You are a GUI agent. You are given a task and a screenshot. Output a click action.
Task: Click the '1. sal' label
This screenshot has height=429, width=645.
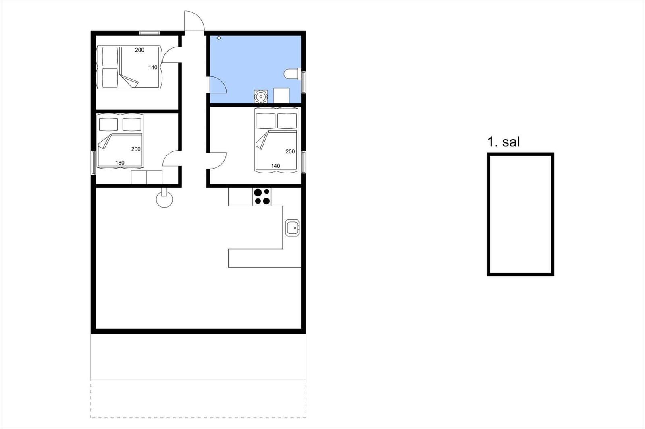tap(504, 142)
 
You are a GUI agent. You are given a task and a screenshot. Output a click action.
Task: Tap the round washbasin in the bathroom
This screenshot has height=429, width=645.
tap(261, 97)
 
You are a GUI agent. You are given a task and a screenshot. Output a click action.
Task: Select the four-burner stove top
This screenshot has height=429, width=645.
tap(262, 197)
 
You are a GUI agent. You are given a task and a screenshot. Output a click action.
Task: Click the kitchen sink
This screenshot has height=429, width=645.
tap(292, 228)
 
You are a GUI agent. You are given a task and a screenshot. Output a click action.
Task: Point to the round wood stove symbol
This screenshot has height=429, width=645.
tap(164, 199)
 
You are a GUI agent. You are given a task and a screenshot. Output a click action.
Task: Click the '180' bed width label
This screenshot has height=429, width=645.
tap(120, 163)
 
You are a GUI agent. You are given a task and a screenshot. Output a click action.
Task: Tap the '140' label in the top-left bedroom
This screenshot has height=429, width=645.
tap(153, 67)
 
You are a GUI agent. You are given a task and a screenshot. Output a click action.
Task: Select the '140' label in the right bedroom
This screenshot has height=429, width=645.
tap(276, 166)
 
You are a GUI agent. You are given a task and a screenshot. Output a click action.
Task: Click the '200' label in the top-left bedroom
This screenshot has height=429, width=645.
tap(139, 50)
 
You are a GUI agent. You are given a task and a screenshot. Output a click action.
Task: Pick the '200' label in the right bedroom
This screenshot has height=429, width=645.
tap(290, 152)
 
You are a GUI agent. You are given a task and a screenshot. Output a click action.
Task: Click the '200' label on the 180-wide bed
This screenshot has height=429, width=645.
tap(136, 149)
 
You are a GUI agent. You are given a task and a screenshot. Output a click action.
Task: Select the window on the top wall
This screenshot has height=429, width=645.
tap(150, 33)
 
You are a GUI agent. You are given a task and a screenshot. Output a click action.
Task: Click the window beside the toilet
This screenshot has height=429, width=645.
tap(304, 82)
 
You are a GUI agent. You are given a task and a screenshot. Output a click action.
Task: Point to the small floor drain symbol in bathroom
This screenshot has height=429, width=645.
tap(219, 38)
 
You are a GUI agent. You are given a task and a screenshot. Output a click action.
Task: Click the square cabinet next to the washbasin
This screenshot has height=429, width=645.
tap(281, 95)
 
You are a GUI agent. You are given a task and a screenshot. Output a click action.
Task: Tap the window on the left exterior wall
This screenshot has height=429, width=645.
tap(93, 163)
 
